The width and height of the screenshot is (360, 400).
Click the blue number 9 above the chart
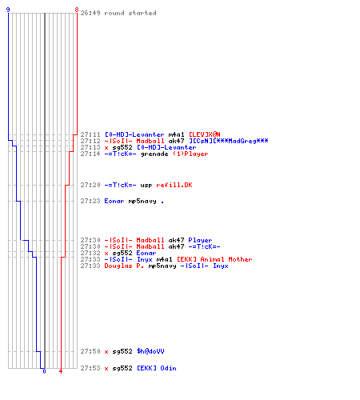[8, 10]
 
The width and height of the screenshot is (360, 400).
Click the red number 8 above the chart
[77, 10]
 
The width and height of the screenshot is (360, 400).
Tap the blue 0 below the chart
[44, 371]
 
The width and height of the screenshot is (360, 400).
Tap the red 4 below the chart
[61, 371]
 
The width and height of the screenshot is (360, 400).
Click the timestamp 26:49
[90, 13]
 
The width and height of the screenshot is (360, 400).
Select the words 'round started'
[130, 13]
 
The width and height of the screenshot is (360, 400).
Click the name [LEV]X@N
[205, 134]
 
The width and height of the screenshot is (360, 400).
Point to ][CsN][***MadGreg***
[229, 141]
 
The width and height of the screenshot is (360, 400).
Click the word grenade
[154, 154]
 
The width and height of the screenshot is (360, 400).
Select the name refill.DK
[174, 185]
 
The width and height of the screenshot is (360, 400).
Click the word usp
[146, 186]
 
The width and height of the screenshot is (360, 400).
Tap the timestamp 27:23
[90, 201]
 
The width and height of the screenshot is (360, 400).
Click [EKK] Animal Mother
[214, 259]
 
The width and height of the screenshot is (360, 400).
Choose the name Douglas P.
[124, 266]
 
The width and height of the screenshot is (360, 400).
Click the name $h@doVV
[150, 351]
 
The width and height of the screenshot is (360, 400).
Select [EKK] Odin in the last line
[157, 368]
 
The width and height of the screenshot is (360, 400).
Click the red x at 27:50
[106, 352]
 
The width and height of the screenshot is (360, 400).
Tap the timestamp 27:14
[90, 154]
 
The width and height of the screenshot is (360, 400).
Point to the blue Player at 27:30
[200, 240]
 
